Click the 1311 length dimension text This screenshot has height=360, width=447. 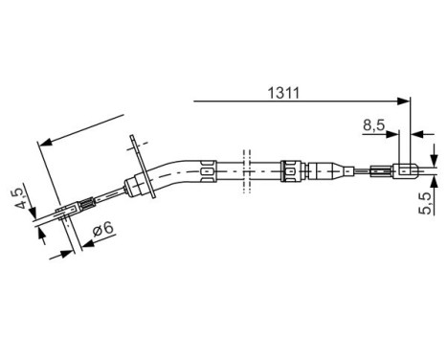tap(284, 93)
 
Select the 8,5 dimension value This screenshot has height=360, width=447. tap(375, 124)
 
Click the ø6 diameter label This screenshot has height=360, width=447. tap(103, 231)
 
